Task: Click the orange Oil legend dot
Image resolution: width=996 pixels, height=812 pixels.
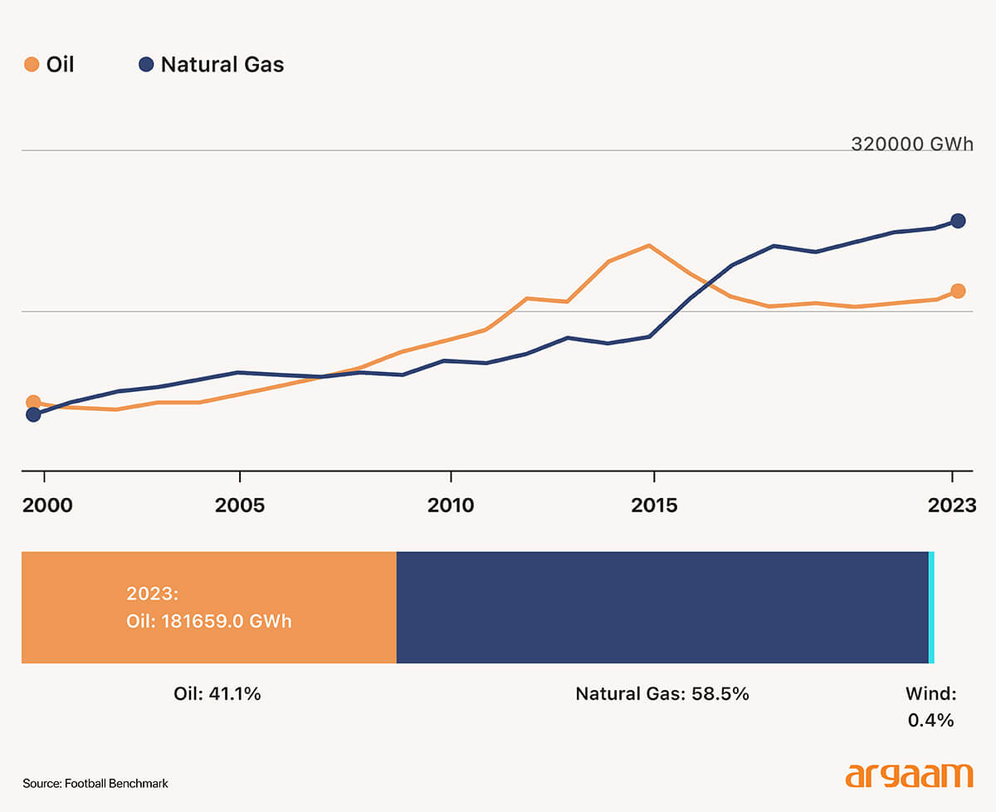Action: click(32, 65)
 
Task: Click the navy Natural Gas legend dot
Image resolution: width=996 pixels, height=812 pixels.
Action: click(147, 65)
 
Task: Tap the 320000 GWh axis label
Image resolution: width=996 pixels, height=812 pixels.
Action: click(911, 144)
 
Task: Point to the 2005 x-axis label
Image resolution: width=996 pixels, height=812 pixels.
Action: click(240, 505)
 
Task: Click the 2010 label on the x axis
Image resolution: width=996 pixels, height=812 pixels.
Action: click(451, 505)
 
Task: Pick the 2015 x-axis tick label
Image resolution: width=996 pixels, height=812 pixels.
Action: click(655, 505)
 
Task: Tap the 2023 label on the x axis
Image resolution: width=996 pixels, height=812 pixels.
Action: click(952, 505)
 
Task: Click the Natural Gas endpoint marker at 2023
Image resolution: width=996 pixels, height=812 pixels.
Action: click(958, 221)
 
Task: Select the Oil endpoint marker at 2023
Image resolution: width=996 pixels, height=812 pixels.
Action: click(958, 291)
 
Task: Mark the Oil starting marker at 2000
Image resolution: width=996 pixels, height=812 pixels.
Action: click(33, 403)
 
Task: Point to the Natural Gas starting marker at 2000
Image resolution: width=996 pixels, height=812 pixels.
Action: click(33, 414)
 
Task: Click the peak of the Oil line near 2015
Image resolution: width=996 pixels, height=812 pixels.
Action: click(649, 246)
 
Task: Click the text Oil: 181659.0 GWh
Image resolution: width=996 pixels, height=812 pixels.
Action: click(208, 621)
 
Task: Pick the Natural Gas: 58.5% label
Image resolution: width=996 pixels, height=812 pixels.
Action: click(662, 694)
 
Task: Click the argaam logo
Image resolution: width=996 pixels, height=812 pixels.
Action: click(909, 775)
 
